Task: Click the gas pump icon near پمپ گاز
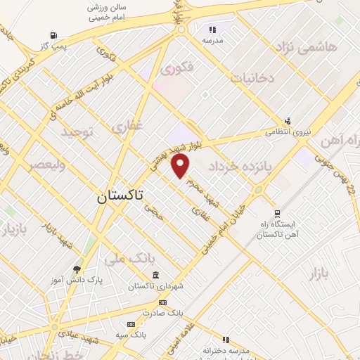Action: tap(53, 36)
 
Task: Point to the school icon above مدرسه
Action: tap(212, 30)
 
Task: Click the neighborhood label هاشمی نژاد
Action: tap(307, 48)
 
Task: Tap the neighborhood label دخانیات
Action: tap(252, 79)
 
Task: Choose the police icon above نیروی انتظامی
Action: tap(288, 121)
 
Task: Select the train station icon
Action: tap(277, 212)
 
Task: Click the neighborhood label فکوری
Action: tap(176, 70)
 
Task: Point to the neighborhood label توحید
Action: tap(77, 132)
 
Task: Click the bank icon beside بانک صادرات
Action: tap(163, 302)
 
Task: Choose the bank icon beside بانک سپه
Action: tap(131, 324)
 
